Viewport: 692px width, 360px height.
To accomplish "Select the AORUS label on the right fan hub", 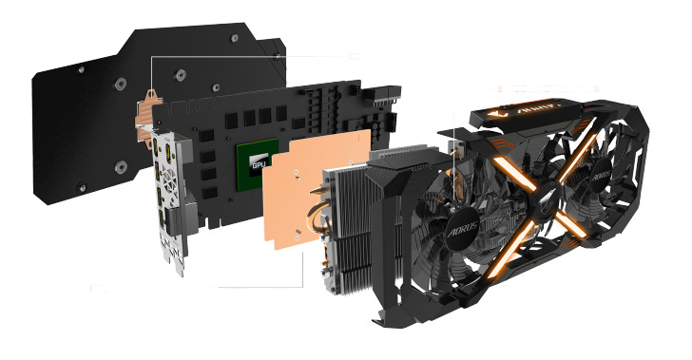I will [x=601, y=178].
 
